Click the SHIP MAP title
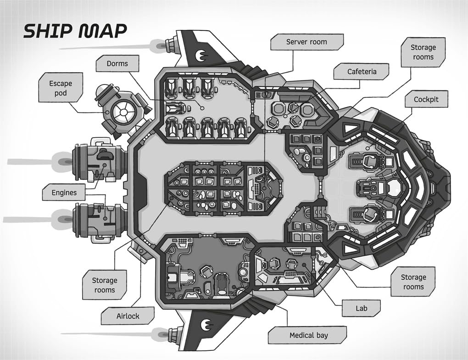tap(75, 31)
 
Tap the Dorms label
tap(117, 63)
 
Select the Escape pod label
tap(61, 89)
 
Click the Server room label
tap(306, 42)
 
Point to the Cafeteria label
tap(362, 72)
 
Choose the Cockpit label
tap(426, 99)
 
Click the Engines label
tap(64, 192)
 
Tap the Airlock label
tap(128, 316)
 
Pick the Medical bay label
tap(308, 335)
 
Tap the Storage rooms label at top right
tap(423, 52)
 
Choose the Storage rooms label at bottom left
tap(105, 285)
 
